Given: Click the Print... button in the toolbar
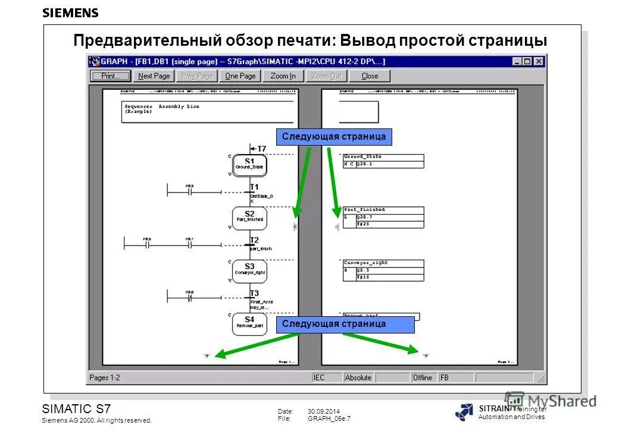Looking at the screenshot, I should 110,76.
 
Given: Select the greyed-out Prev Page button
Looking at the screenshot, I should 197,76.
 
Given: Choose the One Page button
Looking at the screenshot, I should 240,76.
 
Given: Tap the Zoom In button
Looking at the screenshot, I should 283,76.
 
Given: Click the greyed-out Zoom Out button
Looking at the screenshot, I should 326,76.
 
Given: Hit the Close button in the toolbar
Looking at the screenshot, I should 370,76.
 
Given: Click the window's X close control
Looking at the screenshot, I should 538,61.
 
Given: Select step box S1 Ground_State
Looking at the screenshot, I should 249,164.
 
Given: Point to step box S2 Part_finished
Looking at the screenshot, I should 249,217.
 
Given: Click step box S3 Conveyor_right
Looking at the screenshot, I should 249,270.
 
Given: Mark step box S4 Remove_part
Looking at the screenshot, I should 249,323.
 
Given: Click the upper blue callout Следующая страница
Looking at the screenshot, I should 334,137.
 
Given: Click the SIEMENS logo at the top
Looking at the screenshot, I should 70,13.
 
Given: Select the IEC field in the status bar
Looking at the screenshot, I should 320,377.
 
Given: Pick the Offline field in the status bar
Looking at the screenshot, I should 423,377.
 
